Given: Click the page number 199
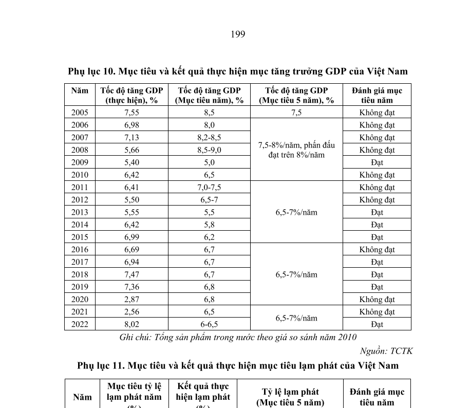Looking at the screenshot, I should pos(238,34).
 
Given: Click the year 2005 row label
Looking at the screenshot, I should pos(80,113).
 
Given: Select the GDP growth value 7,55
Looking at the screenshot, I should pos(131,113).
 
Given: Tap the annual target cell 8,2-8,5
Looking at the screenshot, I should pos(209,138).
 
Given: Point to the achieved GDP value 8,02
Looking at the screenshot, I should pos(131,324).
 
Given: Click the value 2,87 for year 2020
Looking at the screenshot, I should pos(131,300).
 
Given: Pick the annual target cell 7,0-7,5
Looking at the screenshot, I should pos(209,188).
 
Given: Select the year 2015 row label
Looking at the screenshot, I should pos(80,237).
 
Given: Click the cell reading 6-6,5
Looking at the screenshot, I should pos(209,324).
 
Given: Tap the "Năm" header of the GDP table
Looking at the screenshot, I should pos(80,90).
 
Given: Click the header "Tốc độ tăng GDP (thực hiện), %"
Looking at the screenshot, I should pos(131,95).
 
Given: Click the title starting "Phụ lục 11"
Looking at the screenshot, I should pos(238,366).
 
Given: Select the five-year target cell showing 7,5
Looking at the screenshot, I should pos(296,113).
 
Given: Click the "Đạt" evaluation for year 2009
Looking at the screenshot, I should pos(377,162).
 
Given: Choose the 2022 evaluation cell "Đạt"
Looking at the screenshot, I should pos(377,324).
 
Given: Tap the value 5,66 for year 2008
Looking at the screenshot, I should pos(131,150).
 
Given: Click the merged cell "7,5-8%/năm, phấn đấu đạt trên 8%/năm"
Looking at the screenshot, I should pos(296,150).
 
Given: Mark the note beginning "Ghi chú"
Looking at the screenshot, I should pos(238,337).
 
